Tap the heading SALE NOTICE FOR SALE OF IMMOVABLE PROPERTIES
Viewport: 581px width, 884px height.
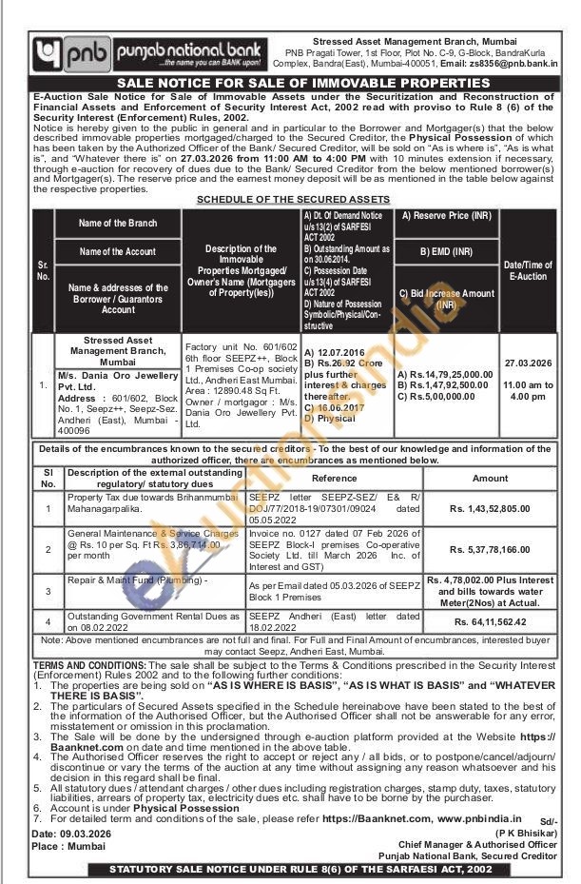289,84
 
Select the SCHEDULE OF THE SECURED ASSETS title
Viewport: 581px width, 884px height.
292,199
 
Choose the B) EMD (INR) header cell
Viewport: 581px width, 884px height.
446,252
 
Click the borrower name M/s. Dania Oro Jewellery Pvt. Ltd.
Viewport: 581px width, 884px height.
119,382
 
